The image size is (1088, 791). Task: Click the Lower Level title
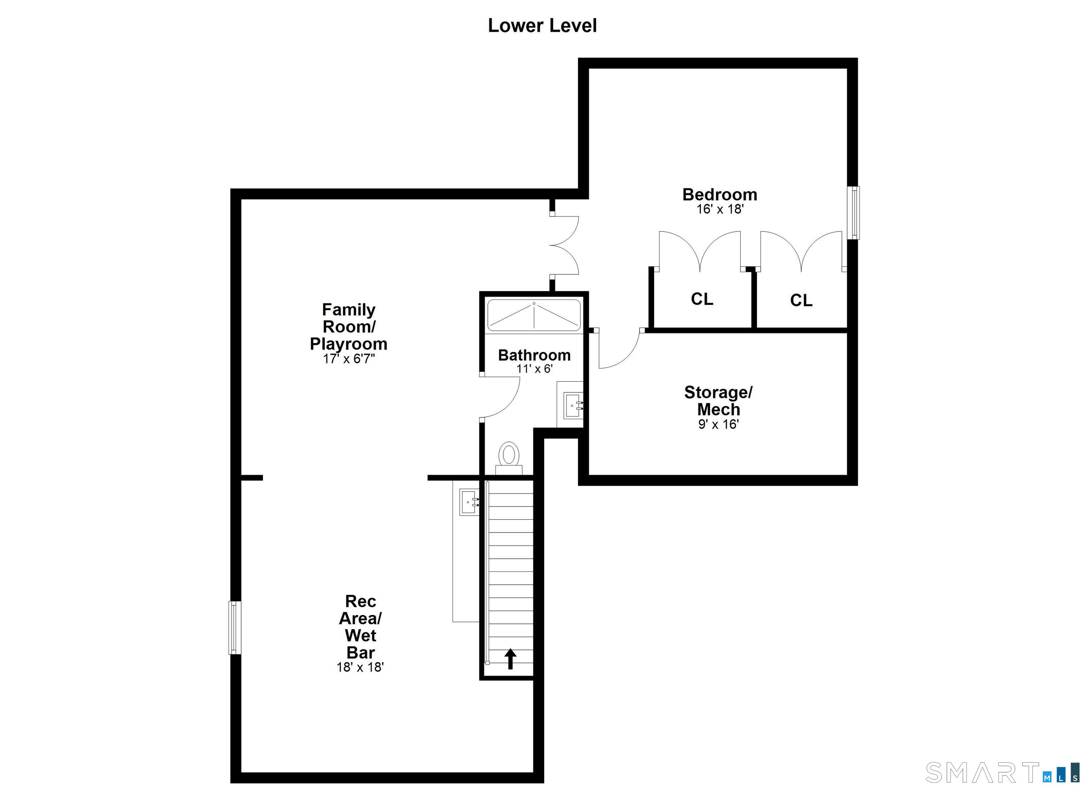[x=542, y=25]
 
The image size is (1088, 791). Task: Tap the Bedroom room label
[x=720, y=194]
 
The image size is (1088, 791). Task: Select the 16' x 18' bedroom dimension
[x=720, y=209]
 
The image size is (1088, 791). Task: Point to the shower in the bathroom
[x=534, y=315]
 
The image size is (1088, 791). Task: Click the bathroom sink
[x=572, y=405]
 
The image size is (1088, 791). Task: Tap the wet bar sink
[x=469, y=502]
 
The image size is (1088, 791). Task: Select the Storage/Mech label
[x=718, y=400]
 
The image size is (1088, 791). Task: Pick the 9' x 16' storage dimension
[x=718, y=424]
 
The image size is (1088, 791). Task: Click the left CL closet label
[x=702, y=299]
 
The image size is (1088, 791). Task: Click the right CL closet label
[x=801, y=300]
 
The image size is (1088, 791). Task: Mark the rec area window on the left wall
[x=234, y=627]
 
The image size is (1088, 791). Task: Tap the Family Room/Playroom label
[x=349, y=327]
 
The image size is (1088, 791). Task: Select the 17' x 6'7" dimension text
[x=349, y=359]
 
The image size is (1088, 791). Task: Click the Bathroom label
[x=534, y=355]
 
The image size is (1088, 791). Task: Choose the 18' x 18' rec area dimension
[x=360, y=667]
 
